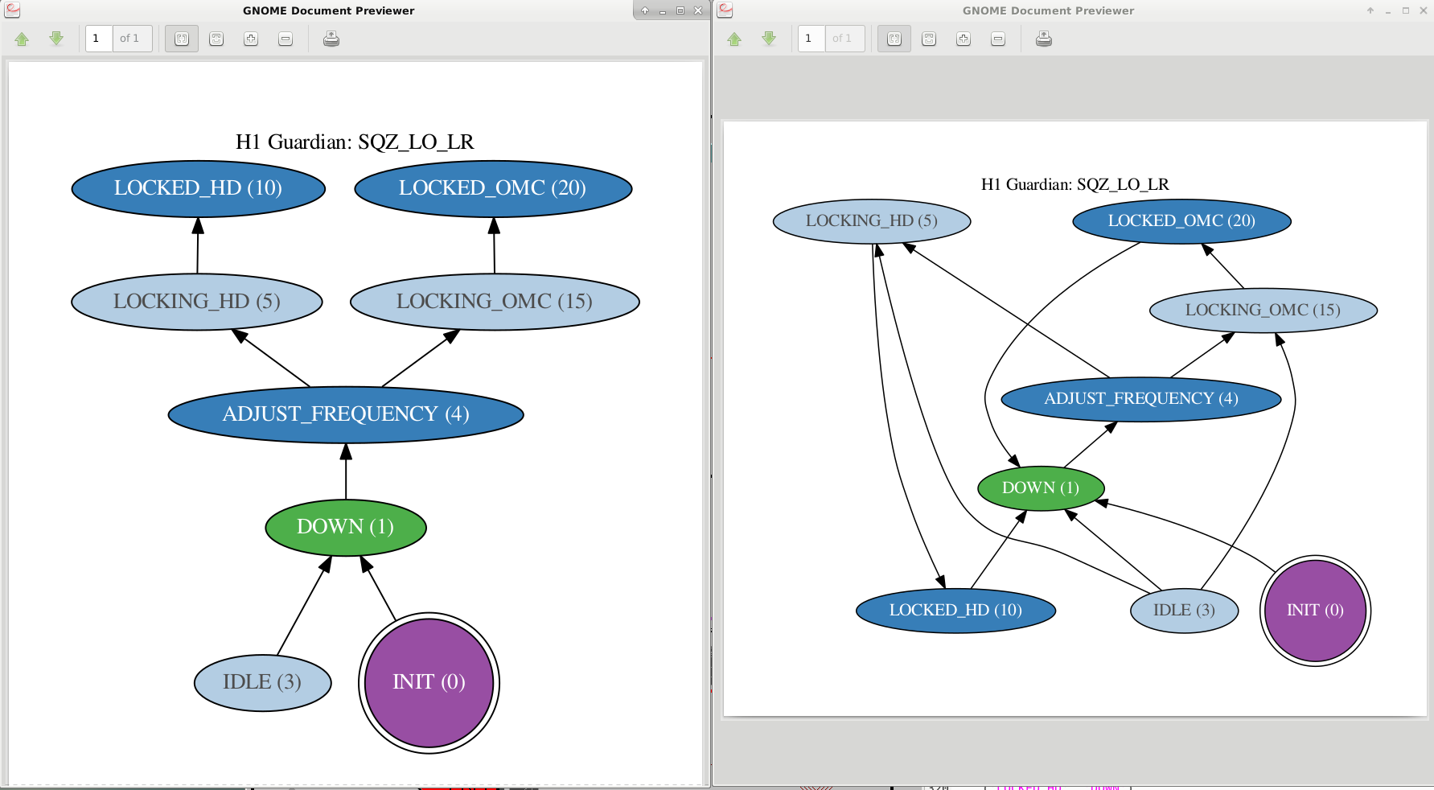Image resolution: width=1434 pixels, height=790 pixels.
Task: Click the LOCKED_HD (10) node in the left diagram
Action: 199,189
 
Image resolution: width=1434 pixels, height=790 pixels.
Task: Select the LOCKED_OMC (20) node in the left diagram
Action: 493,189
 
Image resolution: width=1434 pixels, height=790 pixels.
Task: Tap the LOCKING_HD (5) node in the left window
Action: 197,302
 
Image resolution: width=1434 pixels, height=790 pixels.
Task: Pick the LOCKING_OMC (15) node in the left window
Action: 495,302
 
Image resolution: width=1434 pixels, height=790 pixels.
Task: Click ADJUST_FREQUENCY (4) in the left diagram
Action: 346,414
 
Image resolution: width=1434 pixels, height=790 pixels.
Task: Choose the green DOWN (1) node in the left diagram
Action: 346,527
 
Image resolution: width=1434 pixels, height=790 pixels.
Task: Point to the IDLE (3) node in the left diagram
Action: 263,682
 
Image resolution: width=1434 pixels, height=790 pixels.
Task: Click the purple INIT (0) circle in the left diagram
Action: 429,683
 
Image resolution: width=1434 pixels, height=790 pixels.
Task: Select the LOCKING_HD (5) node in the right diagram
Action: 872,221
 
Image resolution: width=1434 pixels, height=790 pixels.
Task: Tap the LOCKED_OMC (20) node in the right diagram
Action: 1181,221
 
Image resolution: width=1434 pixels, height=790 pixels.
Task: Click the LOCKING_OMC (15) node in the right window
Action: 1263,311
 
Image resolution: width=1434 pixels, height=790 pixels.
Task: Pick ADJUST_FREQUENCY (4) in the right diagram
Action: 1141,399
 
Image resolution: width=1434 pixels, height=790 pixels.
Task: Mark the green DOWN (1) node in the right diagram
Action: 1041,488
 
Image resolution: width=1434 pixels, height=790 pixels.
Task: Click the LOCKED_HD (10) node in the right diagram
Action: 956,611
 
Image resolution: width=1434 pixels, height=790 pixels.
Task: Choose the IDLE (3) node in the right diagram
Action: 1184,611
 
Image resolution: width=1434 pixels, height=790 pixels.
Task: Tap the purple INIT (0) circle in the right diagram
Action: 1315,611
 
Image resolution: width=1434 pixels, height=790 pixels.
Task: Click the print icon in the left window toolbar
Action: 331,39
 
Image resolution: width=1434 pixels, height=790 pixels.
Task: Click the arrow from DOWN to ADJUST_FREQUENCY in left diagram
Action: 346,471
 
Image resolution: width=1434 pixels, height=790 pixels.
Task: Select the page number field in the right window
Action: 811,39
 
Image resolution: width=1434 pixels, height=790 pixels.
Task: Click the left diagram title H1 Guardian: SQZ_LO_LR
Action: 355,142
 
